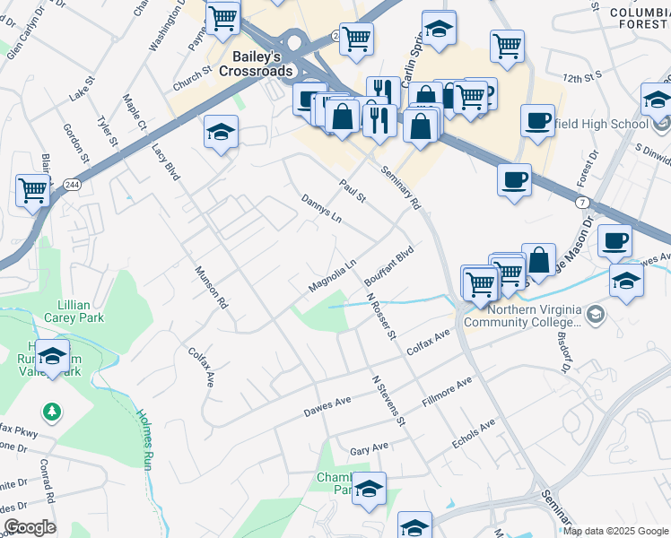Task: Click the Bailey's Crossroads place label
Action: pyautogui.click(x=250, y=64)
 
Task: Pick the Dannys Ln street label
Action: pyautogui.click(x=321, y=209)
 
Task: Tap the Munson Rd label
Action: pyautogui.click(x=211, y=288)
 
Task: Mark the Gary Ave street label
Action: pyautogui.click(x=369, y=447)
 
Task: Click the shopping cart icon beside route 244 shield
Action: pyautogui.click(x=32, y=190)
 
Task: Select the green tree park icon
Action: pyautogui.click(x=53, y=412)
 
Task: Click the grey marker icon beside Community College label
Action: pyautogui.click(x=597, y=313)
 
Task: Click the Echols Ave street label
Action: pyautogui.click(x=474, y=434)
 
